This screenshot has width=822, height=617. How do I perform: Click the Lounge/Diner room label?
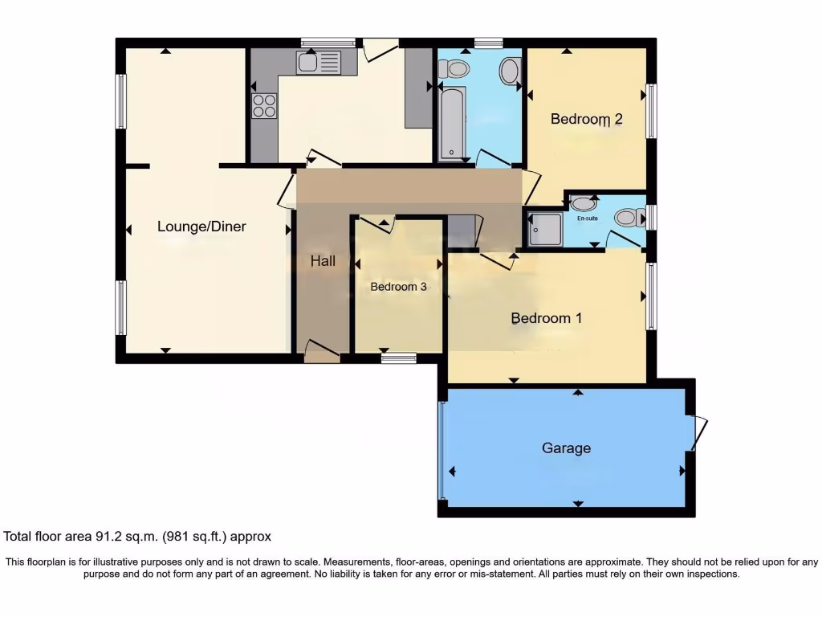click(x=201, y=227)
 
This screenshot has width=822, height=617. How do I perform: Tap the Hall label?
click(x=323, y=261)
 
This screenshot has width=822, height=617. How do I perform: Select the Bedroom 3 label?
click(x=398, y=287)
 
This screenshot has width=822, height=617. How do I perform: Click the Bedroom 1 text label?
click(x=547, y=318)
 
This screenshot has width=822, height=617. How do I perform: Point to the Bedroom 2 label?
click(x=586, y=119)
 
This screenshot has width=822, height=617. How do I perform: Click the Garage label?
click(x=566, y=448)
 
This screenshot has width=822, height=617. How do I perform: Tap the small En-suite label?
click(x=587, y=218)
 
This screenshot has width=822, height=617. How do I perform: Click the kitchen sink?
click(x=319, y=62)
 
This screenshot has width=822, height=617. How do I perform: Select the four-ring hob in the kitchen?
click(x=265, y=105)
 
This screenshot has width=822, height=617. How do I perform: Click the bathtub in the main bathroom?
click(x=451, y=122)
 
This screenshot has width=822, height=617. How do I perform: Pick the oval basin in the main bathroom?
click(x=509, y=72)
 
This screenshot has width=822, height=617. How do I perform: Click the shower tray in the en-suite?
click(x=545, y=229)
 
